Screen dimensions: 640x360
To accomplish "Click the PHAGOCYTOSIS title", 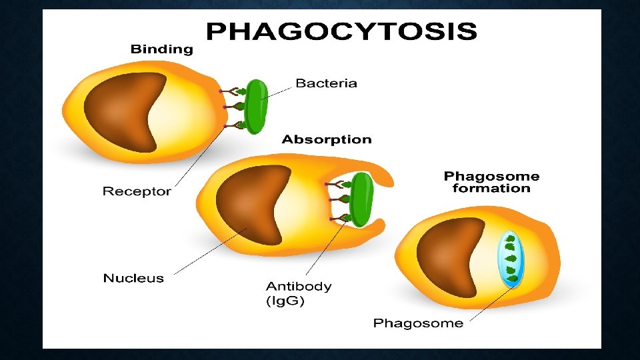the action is pyautogui.click(x=341, y=32).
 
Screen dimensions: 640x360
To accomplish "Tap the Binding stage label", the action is pyautogui.click(x=161, y=49).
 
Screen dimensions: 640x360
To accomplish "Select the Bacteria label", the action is pyautogui.click(x=326, y=83).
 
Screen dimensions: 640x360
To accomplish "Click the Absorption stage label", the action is pyautogui.click(x=327, y=139).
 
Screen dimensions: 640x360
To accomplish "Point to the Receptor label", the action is pyautogui.click(x=137, y=191).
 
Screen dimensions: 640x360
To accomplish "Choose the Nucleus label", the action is pyautogui.click(x=133, y=278).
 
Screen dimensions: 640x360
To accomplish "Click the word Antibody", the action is pyautogui.click(x=299, y=286).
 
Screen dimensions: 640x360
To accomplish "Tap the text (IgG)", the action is pyautogui.click(x=285, y=301).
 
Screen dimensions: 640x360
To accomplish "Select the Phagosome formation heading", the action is pyautogui.click(x=491, y=182).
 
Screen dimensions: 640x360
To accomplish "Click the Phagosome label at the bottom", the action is pyautogui.click(x=418, y=323).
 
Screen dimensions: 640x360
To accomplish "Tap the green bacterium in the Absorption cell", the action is pyautogui.click(x=361, y=199).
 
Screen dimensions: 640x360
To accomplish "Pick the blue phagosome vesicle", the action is pyautogui.click(x=511, y=259).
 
